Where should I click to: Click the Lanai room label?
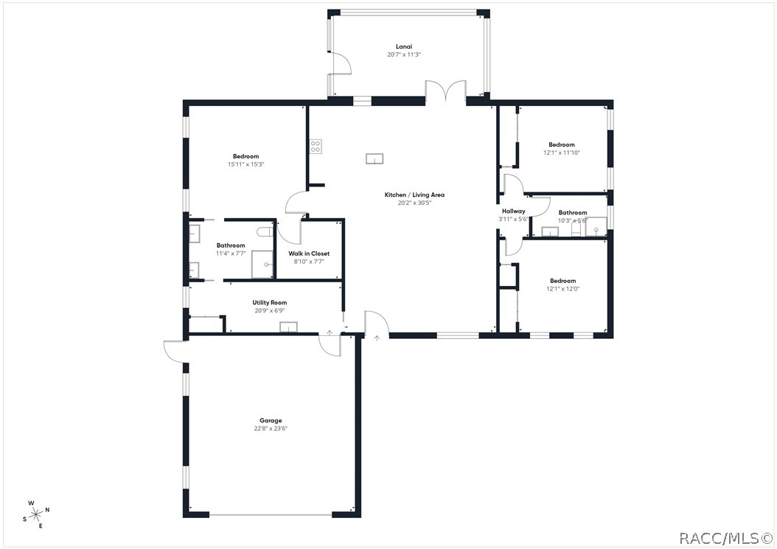[404, 46]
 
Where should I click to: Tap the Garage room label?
[271, 421]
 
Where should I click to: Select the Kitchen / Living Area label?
[414, 195]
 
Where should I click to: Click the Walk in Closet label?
[309, 253]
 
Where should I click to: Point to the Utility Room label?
[270, 303]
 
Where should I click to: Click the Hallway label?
[513, 211]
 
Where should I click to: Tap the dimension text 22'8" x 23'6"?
[271, 429]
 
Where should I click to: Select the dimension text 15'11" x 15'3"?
[245, 164]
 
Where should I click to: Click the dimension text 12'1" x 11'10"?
[562, 153]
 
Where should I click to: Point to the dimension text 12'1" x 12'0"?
[562, 288]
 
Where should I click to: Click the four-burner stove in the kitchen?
[316, 146]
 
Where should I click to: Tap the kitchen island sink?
[374, 158]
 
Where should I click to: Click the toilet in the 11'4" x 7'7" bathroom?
[265, 231]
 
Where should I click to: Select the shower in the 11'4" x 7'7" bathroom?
[262, 265]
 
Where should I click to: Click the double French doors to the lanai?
[445, 91]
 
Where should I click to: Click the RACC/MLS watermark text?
[725, 538]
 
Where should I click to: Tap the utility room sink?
[288, 327]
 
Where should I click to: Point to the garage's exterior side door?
[175, 352]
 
